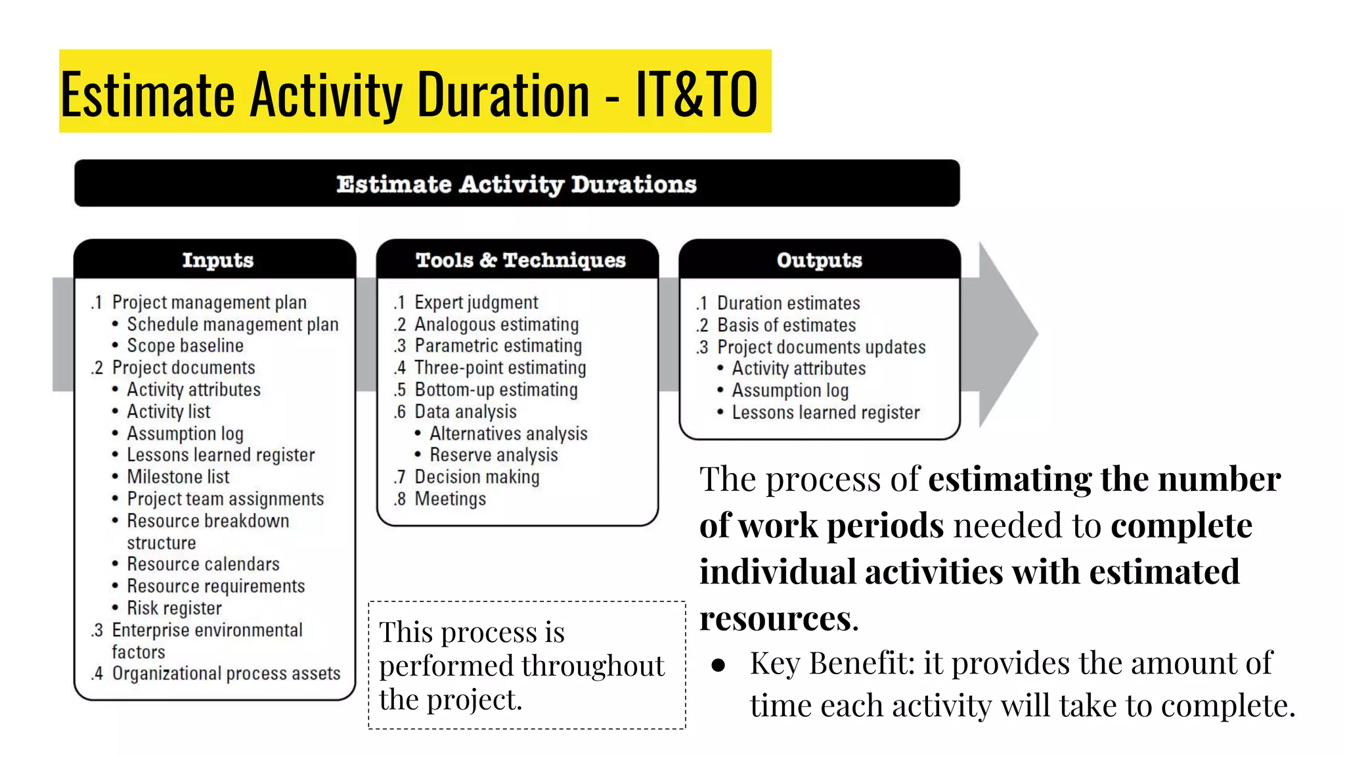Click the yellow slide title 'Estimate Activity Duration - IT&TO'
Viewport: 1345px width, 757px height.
pos(408,94)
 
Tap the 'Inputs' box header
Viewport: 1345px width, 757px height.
pos(217,260)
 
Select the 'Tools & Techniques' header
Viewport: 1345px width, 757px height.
pos(520,260)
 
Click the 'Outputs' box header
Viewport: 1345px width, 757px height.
pos(819,260)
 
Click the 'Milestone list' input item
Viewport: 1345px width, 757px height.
pos(178,477)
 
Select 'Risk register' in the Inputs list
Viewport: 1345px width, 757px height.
pos(174,608)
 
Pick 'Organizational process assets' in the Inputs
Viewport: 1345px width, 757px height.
pos(226,674)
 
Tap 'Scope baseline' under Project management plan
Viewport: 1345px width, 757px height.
pos(185,346)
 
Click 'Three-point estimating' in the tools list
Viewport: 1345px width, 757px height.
pos(500,368)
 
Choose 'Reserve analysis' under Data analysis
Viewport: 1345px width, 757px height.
pos(493,455)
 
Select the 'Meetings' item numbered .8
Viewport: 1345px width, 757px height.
pos(450,499)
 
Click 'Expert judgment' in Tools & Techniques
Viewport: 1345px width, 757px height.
pos(476,302)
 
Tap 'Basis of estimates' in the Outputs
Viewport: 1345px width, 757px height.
pos(786,325)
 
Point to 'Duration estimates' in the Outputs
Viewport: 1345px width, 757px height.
pos(788,303)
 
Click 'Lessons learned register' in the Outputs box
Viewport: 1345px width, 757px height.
pos(826,413)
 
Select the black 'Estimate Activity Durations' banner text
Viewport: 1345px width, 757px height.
pos(516,184)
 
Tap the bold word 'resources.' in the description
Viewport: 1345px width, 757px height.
pos(779,618)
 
